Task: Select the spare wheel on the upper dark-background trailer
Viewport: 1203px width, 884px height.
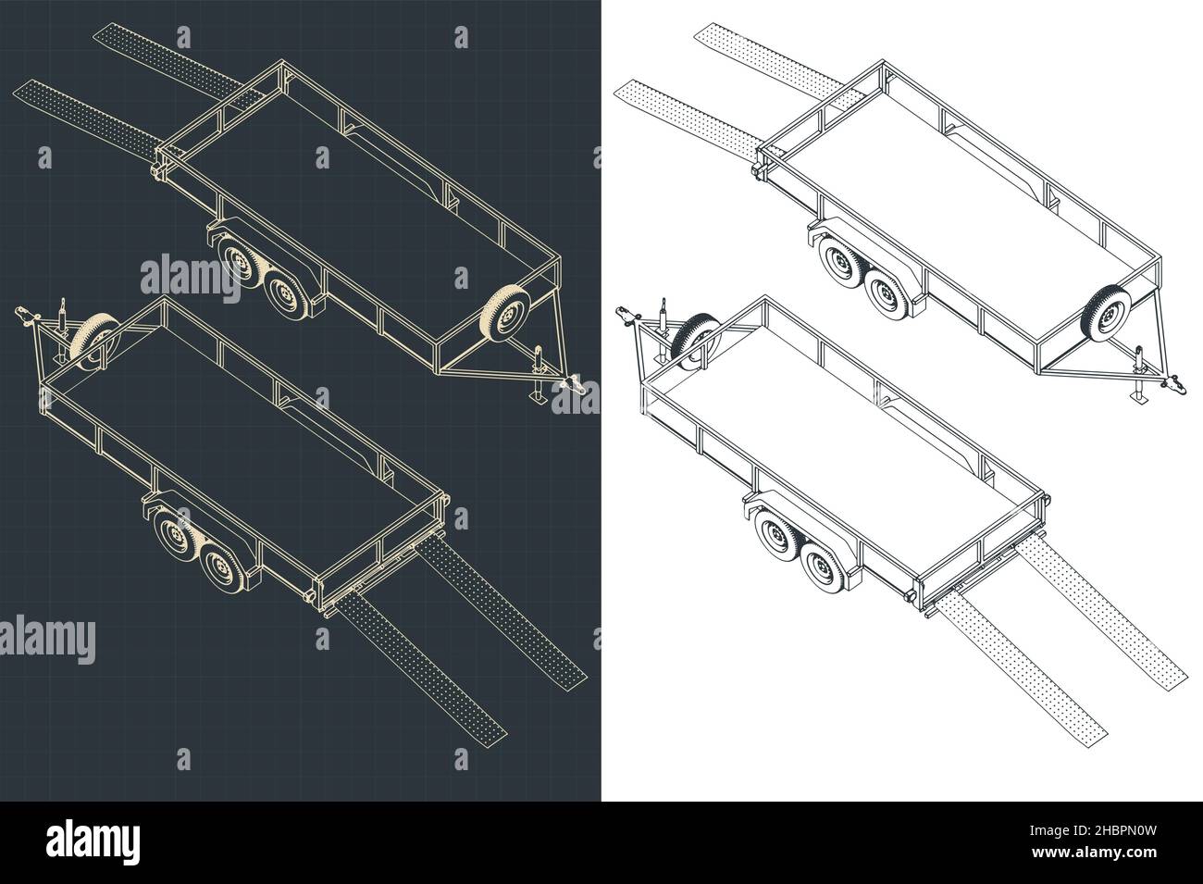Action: tap(503, 312)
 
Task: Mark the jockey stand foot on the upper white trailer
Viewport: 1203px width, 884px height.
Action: tap(1138, 398)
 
